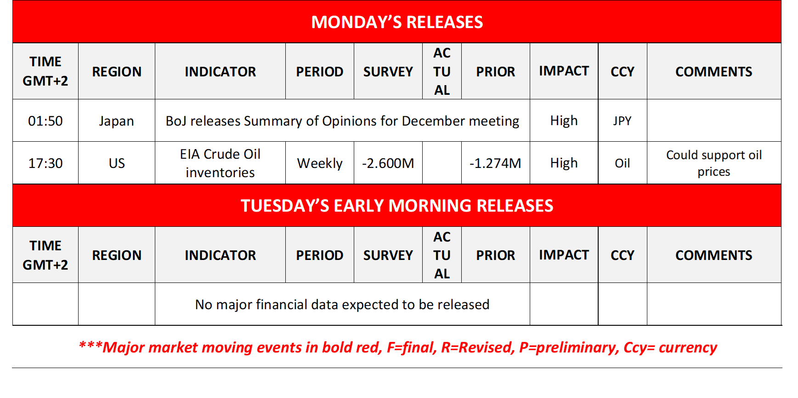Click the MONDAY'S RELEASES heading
(397, 22)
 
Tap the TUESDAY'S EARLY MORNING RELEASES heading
(397, 206)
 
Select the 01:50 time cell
(45, 121)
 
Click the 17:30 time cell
(45, 163)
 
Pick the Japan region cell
(116, 121)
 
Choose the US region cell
(116, 163)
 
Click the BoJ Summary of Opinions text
(342, 121)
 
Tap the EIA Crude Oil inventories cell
(220, 163)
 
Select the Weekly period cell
(320, 163)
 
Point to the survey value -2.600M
(388, 163)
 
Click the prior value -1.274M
(495, 163)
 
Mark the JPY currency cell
(622, 121)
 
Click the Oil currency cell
(622, 163)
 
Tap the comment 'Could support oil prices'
(713, 163)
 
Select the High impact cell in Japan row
(564, 121)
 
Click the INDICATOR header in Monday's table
(220, 72)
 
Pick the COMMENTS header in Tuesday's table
(713, 255)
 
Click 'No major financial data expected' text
(342, 305)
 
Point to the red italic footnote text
(398, 347)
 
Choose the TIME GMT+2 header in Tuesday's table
(45, 255)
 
